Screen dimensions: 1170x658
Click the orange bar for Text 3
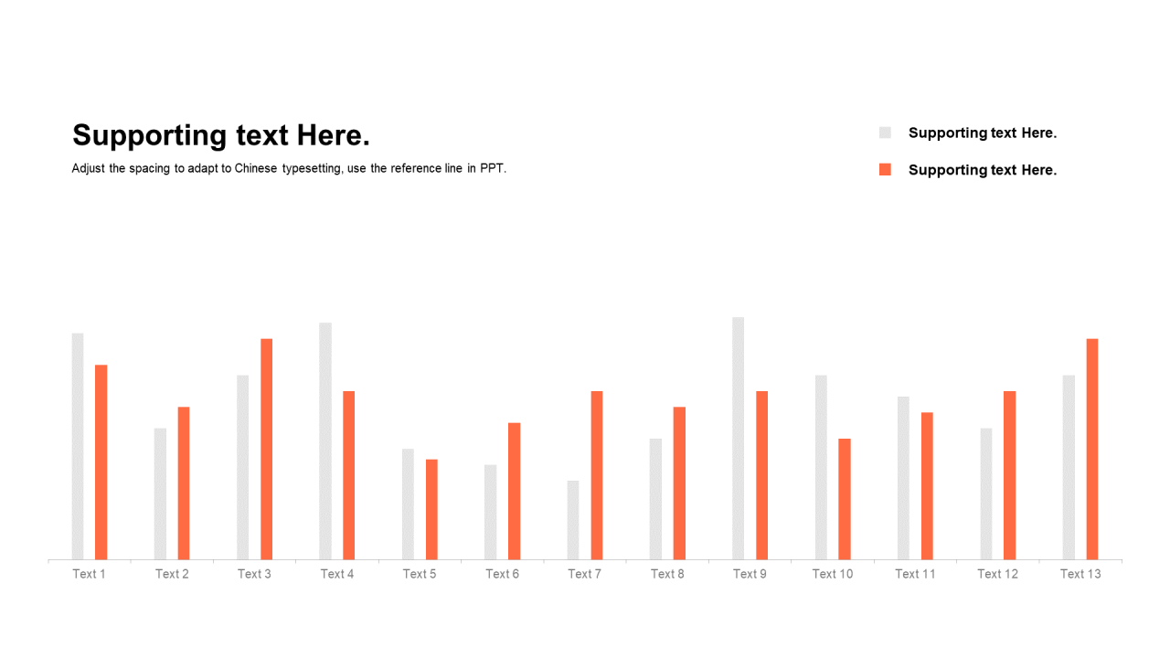pos(266,449)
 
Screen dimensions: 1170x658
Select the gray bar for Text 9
pos(738,439)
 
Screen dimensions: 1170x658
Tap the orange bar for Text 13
pos(1092,449)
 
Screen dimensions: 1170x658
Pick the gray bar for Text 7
pos(573,520)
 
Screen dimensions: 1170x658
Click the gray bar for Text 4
pos(325,441)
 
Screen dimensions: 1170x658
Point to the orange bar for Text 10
pos(845,499)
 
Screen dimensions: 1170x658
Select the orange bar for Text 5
pos(431,510)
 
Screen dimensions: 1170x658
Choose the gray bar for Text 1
pos(78,447)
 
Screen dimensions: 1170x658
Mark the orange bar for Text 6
pos(514,492)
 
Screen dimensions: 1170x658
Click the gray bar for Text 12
pos(986,494)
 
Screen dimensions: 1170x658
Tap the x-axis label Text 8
pos(667,574)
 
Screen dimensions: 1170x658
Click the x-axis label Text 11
pos(915,574)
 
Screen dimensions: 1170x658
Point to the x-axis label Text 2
pos(172,574)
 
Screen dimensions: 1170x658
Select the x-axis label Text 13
pos(1080,574)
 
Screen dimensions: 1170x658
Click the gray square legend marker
pos(885,133)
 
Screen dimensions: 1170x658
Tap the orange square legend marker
pos(885,169)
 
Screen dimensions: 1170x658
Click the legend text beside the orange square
pos(983,170)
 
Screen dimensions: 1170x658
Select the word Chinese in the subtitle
pos(255,168)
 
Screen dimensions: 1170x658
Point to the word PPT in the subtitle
pos(493,168)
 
